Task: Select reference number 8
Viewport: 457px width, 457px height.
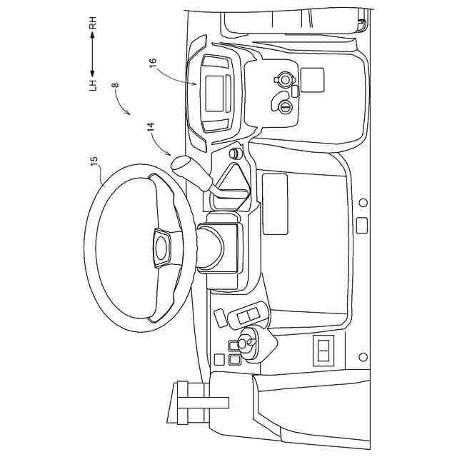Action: (115, 86)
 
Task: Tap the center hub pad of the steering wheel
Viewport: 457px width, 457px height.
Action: (161, 247)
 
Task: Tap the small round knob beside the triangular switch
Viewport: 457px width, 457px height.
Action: (233, 153)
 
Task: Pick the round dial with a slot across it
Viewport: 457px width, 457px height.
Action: (284, 108)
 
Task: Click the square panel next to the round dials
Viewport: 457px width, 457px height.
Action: (312, 79)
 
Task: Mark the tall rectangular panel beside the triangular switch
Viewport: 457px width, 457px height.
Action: (275, 203)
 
